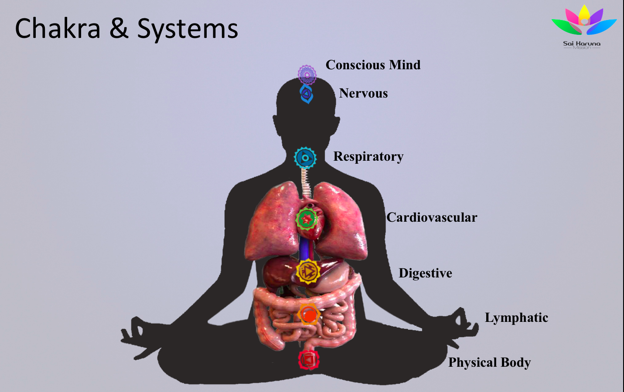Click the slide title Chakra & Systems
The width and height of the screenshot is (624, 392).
click(126, 29)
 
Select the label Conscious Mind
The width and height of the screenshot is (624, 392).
click(373, 65)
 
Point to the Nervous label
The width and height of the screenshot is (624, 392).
click(363, 93)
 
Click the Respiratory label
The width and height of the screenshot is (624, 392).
click(368, 156)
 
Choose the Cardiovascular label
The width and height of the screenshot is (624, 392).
click(432, 217)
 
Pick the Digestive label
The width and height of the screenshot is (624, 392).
click(425, 273)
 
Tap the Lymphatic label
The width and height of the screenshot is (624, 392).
click(516, 318)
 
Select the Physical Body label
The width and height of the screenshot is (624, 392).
click(489, 362)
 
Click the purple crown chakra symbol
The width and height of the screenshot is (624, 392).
click(307, 74)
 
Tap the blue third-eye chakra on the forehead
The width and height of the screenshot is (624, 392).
click(307, 94)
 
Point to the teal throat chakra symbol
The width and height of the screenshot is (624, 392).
click(305, 158)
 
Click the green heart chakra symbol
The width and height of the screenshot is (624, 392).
click(307, 219)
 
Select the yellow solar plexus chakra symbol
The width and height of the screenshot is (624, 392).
click(308, 271)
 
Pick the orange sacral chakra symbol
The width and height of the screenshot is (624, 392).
click(309, 314)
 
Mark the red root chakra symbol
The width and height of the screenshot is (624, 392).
click(309, 360)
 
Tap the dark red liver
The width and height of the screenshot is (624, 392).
click(279, 272)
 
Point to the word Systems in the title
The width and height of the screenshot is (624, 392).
click(188, 29)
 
